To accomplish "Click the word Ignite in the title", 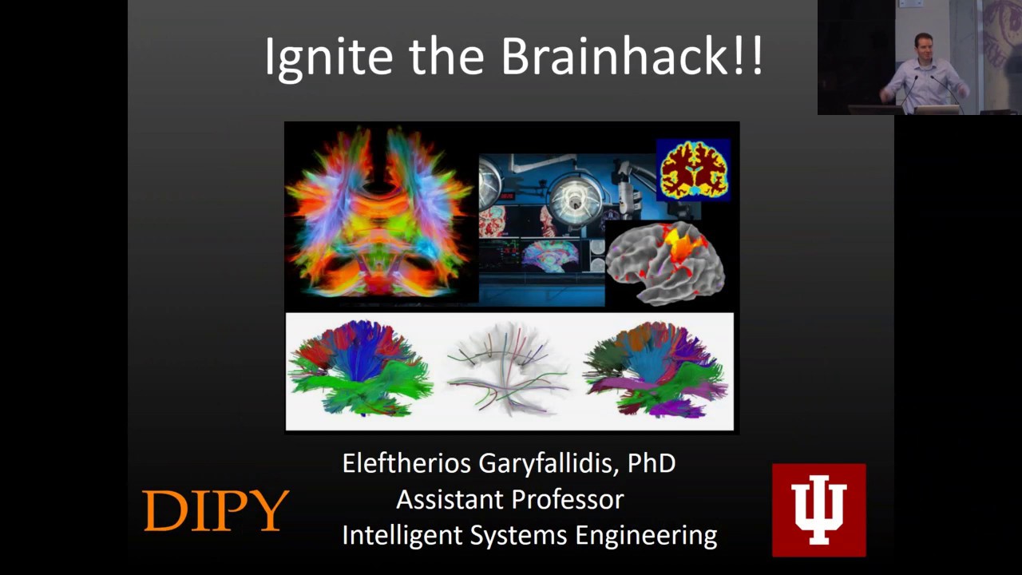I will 328,57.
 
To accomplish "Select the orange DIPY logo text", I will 216,511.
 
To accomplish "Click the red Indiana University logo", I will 818,510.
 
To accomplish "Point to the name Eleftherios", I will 406,463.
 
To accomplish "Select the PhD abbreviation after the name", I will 652,463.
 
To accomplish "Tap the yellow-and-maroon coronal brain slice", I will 693,169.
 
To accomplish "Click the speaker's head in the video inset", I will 924,44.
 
